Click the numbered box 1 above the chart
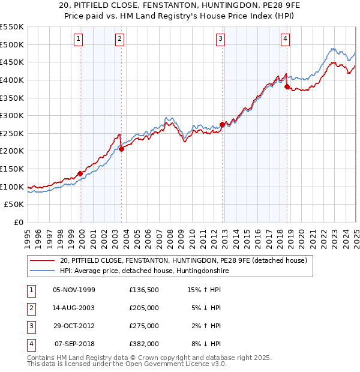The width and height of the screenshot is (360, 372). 79,40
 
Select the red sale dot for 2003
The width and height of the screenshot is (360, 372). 121,149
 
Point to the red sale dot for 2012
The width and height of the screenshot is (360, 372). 222,125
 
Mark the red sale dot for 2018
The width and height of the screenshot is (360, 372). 287,86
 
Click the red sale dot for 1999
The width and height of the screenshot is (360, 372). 80,173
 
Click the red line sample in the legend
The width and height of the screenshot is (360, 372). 43,260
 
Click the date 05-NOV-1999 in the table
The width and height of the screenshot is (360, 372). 74,289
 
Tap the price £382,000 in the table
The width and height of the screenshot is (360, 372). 143,344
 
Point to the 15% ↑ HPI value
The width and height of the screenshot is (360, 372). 204,289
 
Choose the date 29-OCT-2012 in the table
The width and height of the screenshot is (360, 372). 74,326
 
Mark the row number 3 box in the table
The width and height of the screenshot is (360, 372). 30,326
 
